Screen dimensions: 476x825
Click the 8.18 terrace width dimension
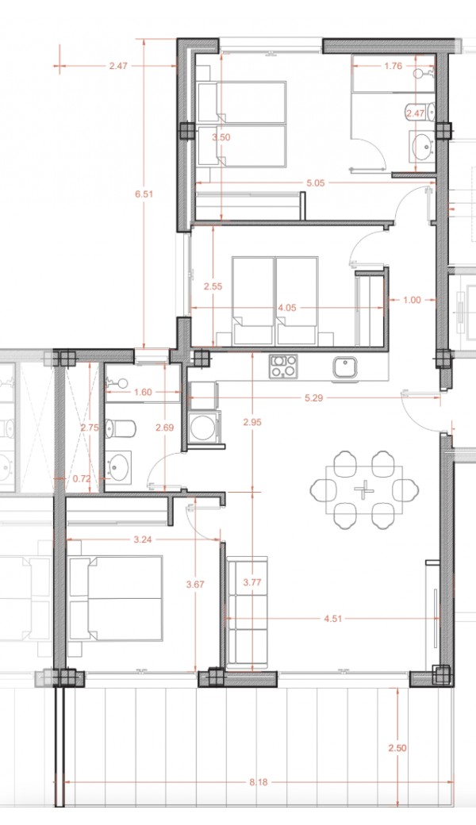(x=259, y=782)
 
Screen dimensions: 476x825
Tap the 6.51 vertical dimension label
(x=144, y=194)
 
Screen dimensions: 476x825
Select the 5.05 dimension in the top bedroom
(x=316, y=183)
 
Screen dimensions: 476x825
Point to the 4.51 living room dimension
(x=332, y=619)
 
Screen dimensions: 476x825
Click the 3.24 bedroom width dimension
(x=143, y=539)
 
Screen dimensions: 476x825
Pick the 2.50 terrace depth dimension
(x=397, y=747)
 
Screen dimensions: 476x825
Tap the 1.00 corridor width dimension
(x=413, y=300)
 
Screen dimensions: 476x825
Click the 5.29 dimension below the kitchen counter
(x=313, y=397)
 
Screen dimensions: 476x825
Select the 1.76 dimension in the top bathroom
(x=393, y=66)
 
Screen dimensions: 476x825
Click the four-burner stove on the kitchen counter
(x=283, y=366)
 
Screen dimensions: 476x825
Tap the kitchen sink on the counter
(x=345, y=366)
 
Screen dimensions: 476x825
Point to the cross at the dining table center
(x=363, y=490)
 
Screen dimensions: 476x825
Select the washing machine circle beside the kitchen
(x=202, y=428)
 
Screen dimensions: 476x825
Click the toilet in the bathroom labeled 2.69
(x=120, y=428)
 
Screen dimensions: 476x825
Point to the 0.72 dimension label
(x=82, y=478)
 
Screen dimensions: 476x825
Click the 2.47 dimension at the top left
(x=118, y=66)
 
